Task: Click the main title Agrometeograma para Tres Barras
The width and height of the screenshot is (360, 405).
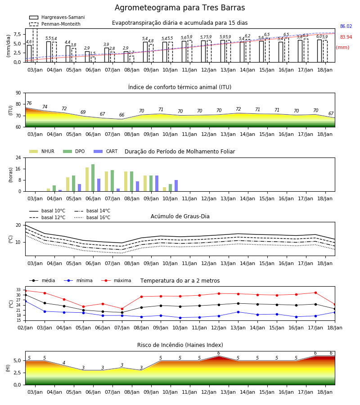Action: pos(180,8)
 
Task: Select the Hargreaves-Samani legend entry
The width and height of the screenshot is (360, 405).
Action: pos(57,17)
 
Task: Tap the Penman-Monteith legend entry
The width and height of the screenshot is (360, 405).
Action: pos(55,24)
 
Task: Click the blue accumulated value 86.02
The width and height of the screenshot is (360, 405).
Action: pos(346,27)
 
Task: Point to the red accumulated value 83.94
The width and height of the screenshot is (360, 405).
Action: pos(346,37)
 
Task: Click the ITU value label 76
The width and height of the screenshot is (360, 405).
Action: pos(29,103)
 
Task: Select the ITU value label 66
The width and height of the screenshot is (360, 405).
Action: pos(121,115)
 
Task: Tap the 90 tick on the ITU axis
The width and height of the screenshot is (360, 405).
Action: pos(18,93)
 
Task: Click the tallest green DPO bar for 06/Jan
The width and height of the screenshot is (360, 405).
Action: pos(93,178)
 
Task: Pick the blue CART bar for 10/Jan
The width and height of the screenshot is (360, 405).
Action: pos(176,186)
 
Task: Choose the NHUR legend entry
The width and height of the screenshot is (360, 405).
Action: pos(42,151)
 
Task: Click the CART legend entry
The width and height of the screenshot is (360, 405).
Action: pos(106,151)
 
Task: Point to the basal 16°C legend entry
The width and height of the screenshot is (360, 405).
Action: pos(92,217)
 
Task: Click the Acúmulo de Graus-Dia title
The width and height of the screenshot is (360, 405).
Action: pos(180,216)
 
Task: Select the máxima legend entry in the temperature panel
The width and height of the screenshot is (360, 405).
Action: pos(116,280)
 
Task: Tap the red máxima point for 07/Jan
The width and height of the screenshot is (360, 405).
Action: pos(122,309)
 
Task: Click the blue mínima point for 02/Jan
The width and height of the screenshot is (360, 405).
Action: pos(25,301)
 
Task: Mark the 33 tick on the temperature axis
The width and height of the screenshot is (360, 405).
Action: pos(18,290)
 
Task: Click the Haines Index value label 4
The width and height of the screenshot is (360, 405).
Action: pos(64,363)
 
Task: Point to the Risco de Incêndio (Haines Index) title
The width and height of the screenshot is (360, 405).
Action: pos(180,345)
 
